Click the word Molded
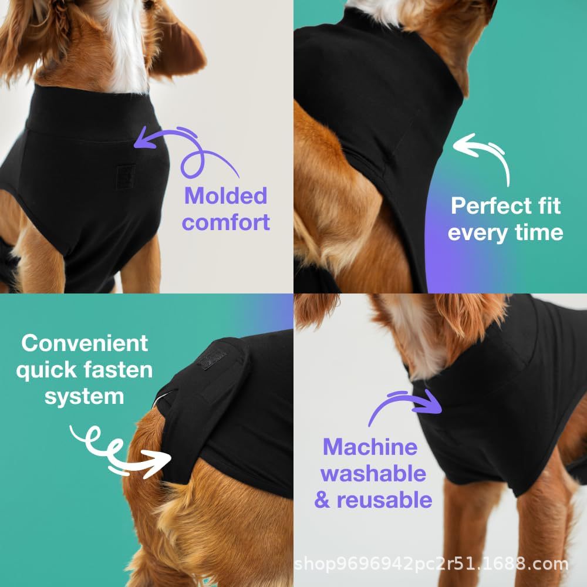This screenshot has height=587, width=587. click(x=226, y=196)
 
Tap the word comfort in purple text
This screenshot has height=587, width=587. click(x=226, y=222)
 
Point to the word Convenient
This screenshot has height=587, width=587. click(x=85, y=343)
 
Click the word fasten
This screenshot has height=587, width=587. click(x=118, y=369)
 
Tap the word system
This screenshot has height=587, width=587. click(x=84, y=397)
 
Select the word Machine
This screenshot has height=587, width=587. click(x=370, y=447)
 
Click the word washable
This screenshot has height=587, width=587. click(x=373, y=474)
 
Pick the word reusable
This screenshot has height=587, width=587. click(x=384, y=500)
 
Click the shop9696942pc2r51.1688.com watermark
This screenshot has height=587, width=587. click(x=431, y=564)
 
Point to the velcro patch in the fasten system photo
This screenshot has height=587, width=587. click(x=212, y=360)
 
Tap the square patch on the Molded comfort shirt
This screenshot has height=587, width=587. click(x=126, y=176)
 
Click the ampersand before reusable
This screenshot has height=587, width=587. click(x=322, y=500)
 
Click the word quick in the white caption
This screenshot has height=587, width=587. click(x=46, y=370)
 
